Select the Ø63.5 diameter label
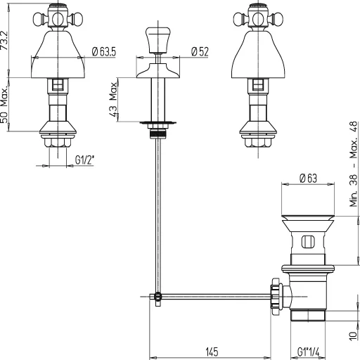click(x=104, y=50)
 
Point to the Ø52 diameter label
click(x=200, y=50)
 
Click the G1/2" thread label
click(x=85, y=160)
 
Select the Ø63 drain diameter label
click(x=307, y=179)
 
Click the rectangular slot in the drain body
click(x=307, y=243)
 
